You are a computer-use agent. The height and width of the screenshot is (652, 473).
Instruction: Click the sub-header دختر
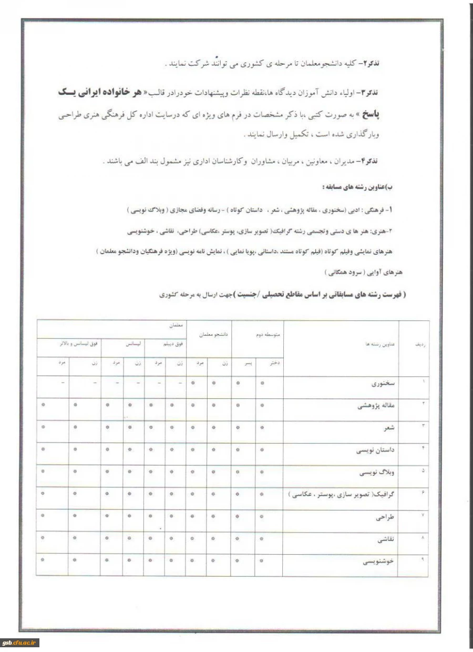[274, 363]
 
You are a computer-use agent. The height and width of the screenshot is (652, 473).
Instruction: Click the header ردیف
[420, 343]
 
